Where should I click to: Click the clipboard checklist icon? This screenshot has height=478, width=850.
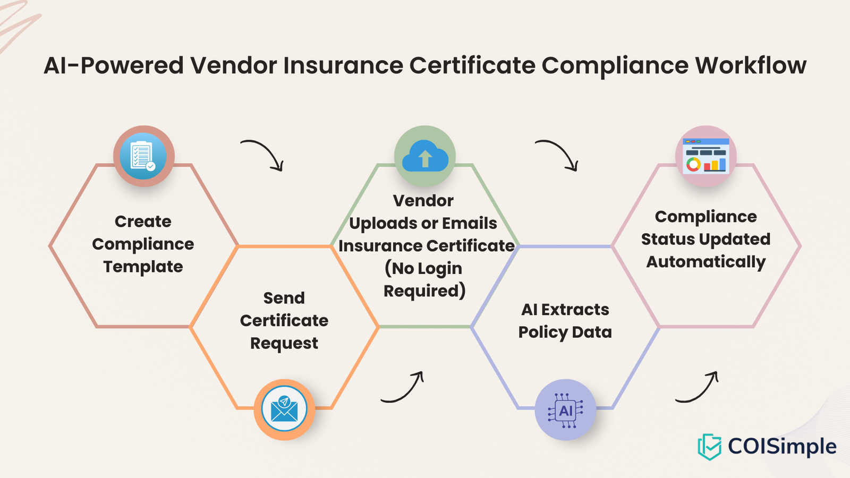pos(143,156)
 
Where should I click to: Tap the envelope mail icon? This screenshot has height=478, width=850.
pos(284,409)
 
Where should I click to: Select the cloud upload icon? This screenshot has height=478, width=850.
pos(425,156)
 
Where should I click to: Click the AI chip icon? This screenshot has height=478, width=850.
pos(565,409)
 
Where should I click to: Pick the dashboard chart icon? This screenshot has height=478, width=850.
pos(706,156)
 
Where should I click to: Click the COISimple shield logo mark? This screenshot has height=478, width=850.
pos(709,446)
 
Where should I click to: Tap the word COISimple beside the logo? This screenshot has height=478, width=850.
pos(782,446)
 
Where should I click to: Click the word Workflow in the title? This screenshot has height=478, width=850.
pos(751,65)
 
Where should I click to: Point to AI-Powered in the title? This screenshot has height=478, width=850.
pos(114,65)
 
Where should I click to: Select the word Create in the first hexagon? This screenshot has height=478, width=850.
pos(143,221)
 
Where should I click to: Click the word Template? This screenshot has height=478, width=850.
pos(143,266)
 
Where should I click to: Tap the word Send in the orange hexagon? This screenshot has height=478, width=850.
pos(284,297)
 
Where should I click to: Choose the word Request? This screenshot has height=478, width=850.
pos(284,343)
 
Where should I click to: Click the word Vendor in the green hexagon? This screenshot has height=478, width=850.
pos(423,200)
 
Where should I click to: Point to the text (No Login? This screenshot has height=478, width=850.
pos(423,268)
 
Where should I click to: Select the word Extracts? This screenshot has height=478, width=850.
pos(575,309)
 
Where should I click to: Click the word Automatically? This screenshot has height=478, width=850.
pos(706,261)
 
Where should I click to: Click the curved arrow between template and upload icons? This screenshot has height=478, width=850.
pos(263,155)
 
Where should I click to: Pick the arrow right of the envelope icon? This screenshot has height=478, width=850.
pos(403,387)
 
